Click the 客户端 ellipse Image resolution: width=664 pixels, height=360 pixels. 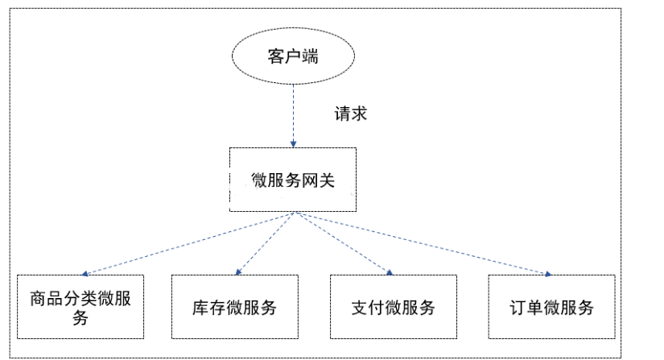tap(293, 56)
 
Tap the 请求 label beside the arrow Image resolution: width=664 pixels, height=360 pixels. tap(351, 114)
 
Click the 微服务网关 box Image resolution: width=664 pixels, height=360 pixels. tap(293, 180)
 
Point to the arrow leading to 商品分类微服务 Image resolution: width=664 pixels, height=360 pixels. tap(185, 244)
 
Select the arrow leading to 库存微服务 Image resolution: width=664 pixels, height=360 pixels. tap(266, 242)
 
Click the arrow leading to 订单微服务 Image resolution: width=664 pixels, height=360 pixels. tap(423, 242)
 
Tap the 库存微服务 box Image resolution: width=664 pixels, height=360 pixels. tap(234, 307)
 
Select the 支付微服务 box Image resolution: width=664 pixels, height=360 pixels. tap(394, 307)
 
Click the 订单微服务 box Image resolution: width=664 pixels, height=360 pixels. tap(552, 307)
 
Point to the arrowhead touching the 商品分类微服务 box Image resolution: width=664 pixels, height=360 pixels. tap(85, 273)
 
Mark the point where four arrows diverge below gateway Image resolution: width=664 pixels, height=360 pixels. tap(295, 213)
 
